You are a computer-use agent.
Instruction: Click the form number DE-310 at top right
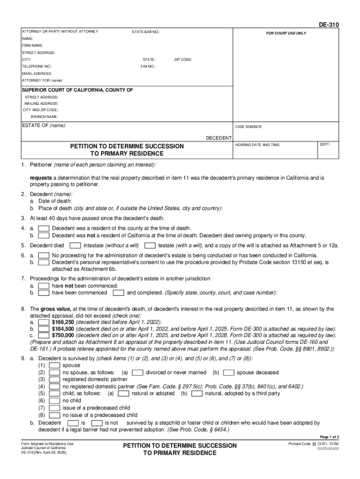(330, 25)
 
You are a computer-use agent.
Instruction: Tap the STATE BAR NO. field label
(146, 32)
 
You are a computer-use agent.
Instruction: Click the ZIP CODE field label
(183, 59)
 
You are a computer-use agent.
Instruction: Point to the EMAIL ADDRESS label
(37, 73)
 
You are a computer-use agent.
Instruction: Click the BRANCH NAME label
(45, 116)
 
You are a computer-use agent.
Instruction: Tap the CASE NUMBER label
(248, 127)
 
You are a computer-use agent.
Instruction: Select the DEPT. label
(325, 145)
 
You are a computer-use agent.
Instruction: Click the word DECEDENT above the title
(219, 138)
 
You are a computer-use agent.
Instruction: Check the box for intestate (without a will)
(75, 245)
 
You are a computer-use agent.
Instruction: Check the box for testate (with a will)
(150, 245)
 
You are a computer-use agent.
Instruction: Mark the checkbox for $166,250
(43, 322)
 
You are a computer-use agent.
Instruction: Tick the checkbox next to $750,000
(43, 335)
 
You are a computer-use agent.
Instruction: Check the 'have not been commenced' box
(43, 286)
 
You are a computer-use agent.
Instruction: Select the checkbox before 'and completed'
(119, 293)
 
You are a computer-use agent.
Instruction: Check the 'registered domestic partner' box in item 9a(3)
(54, 379)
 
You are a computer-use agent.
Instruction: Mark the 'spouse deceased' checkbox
(229, 372)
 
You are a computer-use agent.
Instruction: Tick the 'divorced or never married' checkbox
(137, 372)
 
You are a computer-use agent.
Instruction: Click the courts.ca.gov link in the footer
(328, 448)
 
